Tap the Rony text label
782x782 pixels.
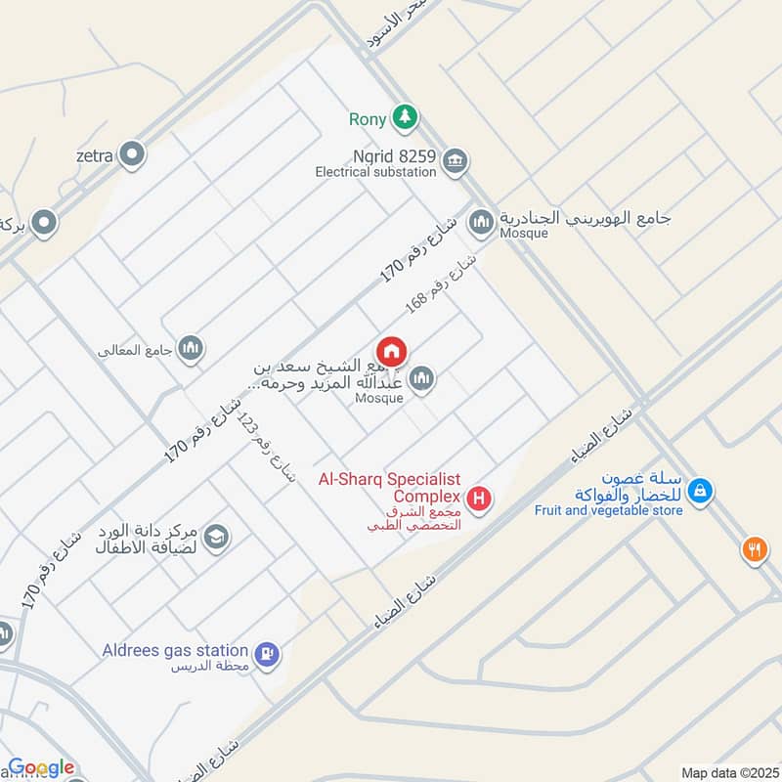(x=369, y=120)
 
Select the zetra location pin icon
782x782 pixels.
(x=131, y=153)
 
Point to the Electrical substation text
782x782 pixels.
(x=375, y=172)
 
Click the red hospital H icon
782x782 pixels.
(x=479, y=500)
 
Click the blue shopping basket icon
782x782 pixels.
(x=699, y=492)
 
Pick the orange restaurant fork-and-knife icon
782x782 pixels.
(x=754, y=549)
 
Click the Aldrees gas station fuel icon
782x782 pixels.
(x=266, y=653)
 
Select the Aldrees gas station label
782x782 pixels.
(x=175, y=650)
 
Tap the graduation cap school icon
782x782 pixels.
(x=216, y=536)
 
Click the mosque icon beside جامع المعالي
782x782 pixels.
(x=191, y=348)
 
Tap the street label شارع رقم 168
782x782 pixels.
(x=442, y=284)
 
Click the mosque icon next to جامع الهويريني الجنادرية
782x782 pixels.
(x=480, y=224)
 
